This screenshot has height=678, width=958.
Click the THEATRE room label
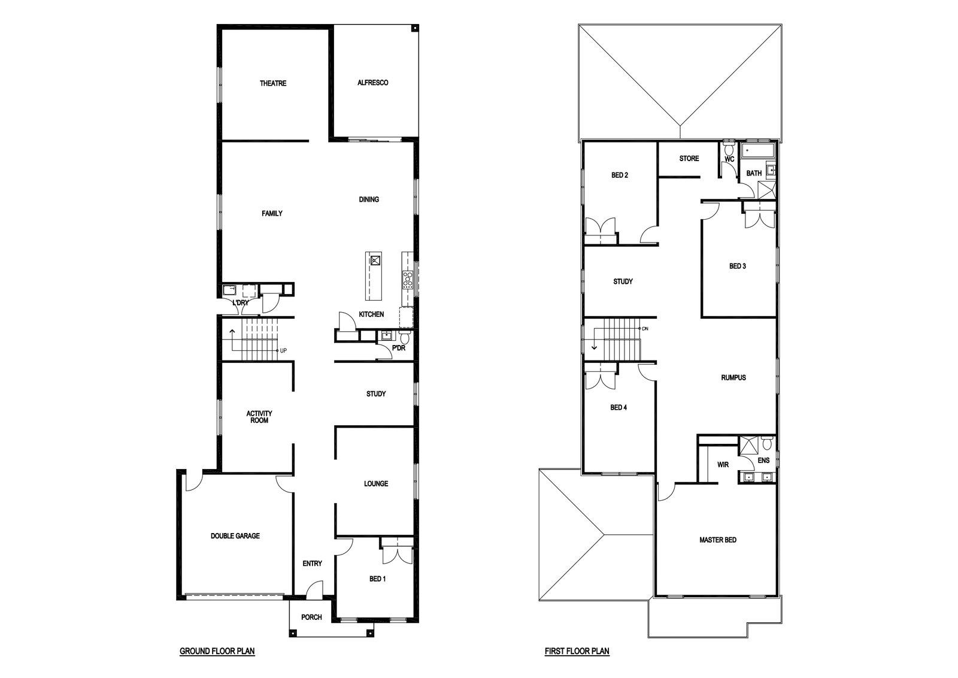click(x=273, y=83)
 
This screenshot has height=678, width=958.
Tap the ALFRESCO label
click(x=372, y=83)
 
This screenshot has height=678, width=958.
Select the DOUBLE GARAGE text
click(x=235, y=535)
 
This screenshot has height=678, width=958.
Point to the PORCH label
click(x=311, y=617)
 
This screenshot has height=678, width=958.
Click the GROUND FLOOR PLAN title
click(x=217, y=651)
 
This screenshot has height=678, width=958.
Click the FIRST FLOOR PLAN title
click(x=577, y=651)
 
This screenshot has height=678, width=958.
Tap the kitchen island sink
click(x=375, y=260)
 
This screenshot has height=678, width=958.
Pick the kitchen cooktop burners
click(x=408, y=279)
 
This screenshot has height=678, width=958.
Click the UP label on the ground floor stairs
click(x=283, y=351)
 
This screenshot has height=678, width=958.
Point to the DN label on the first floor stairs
click(x=645, y=329)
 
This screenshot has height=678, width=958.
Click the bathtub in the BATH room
click(x=757, y=150)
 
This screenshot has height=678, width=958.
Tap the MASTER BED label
click(x=718, y=540)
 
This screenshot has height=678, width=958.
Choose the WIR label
click(x=723, y=465)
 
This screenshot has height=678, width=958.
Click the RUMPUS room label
click(x=733, y=377)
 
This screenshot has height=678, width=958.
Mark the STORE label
click(x=689, y=158)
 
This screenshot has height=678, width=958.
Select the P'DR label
click(x=398, y=348)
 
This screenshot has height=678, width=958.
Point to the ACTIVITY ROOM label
click(x=259, y=417)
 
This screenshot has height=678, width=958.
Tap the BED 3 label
click(x=737, y=266)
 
